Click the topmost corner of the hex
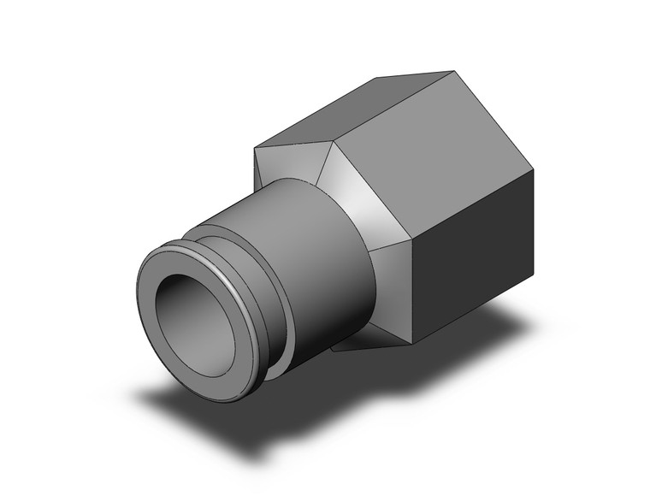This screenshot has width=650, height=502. point(452,71)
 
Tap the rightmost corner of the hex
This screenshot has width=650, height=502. point(535,170)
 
